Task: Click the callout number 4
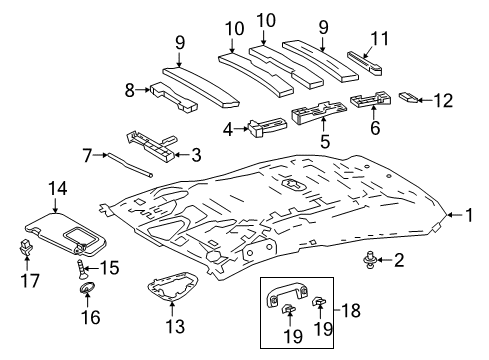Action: pyautogui.click(x=231, y=128)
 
